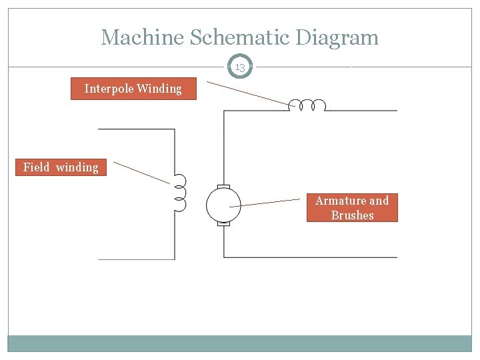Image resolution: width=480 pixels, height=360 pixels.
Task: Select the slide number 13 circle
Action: pyautogui.click(x=240, y=67)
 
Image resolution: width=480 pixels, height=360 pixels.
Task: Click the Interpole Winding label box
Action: pyautogui.click(x=133, y=89)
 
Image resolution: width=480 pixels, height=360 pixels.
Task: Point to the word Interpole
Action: pyautogui.click(x=109, y=89)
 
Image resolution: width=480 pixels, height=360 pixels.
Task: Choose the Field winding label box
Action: pyautogui.click(x=61, y=167)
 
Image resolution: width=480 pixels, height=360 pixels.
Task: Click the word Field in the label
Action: pyautogui.click(x=37, y=167)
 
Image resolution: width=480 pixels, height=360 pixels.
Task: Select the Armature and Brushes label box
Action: pyautogui.click(x=352, y=208)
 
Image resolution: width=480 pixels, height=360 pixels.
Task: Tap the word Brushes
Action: pyautogui.click(x=352, y=215)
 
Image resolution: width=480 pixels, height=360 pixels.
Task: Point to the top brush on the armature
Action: pyautogui.click(x=223, y=186)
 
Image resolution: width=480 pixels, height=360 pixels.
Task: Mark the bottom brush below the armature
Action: pyautogui.click(x=223, y=224)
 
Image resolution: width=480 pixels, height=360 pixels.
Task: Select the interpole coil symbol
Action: pyautogui.click(x=307, y=105)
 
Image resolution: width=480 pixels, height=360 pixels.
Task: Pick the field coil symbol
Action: pyautogui.click(x=180, y=193)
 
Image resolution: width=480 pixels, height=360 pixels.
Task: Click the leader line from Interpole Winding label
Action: pyautogui.click(x=250, y=93)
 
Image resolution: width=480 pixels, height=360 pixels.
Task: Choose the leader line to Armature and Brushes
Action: pyautogui.click(x=267, y=203)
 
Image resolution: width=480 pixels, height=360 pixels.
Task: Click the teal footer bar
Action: pyautogui.click(x=240, y=343)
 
